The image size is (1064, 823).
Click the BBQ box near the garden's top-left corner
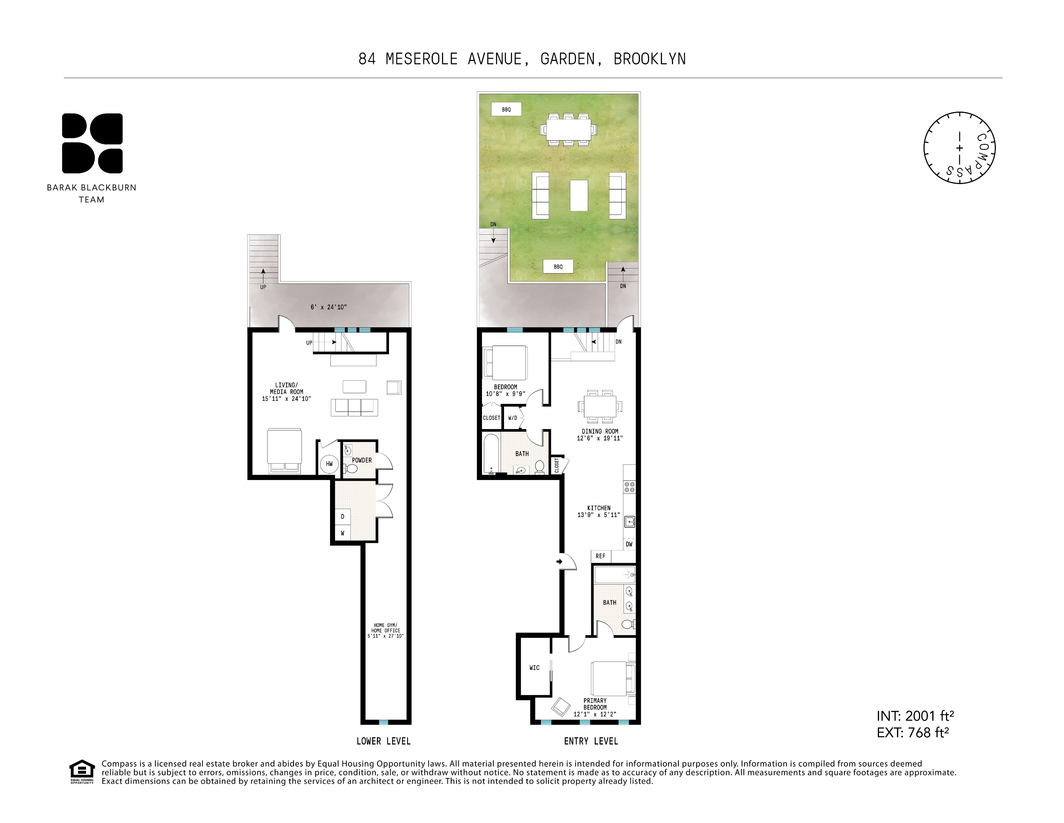coord(506,109)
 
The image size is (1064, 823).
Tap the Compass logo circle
coord(959,148)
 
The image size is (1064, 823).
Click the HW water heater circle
coord(329,464)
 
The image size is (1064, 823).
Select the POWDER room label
coord(362,460)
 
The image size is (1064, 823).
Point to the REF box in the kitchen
coord(601,556)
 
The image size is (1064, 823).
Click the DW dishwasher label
coord(629,544)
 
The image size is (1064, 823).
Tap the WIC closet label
coord(534,668)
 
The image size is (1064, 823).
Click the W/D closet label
coord(512,418)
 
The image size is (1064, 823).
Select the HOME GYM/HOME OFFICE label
coord(385,631)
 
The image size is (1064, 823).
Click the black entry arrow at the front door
coord(560,562)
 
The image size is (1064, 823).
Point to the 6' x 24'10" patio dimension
coord(329,307)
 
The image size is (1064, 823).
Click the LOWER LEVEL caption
coord(383,741)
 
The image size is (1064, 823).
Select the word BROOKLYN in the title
coord(649,59)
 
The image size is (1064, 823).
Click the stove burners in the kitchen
coord(629,487)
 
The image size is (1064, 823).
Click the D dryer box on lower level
coord(343,516)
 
